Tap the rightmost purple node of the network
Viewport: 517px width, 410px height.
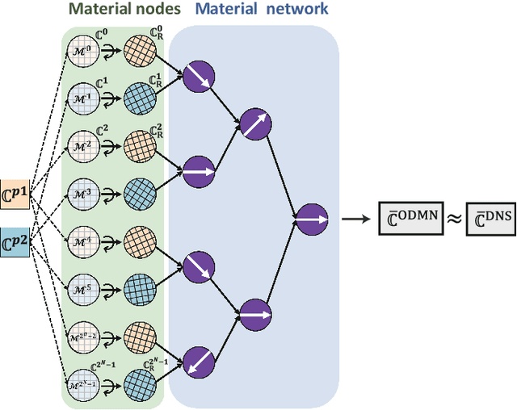311,219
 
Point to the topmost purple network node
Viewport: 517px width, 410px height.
195,78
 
